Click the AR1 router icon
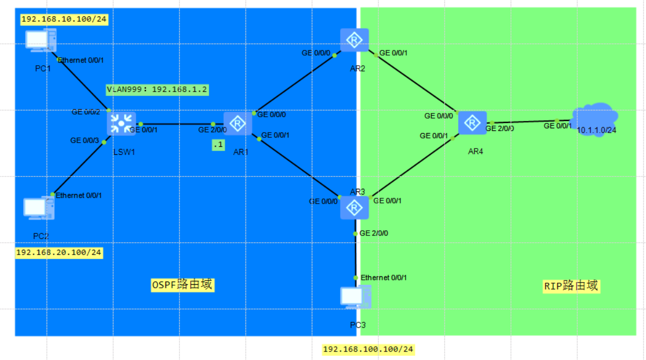point(238,124)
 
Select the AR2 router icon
point(354,40)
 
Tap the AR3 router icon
point(354,207)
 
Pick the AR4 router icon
point(472,124)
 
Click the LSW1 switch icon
point(121,124)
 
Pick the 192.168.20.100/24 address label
point(58,252)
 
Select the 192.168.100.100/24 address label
point(368,349)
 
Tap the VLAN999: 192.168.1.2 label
point(156,90)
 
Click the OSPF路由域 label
point(182,285)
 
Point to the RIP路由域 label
point(571,286)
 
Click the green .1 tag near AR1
point(218,144)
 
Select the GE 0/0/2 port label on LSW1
point(85,112)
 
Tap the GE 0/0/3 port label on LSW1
point(84,141)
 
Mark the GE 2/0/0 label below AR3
point(374,233)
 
